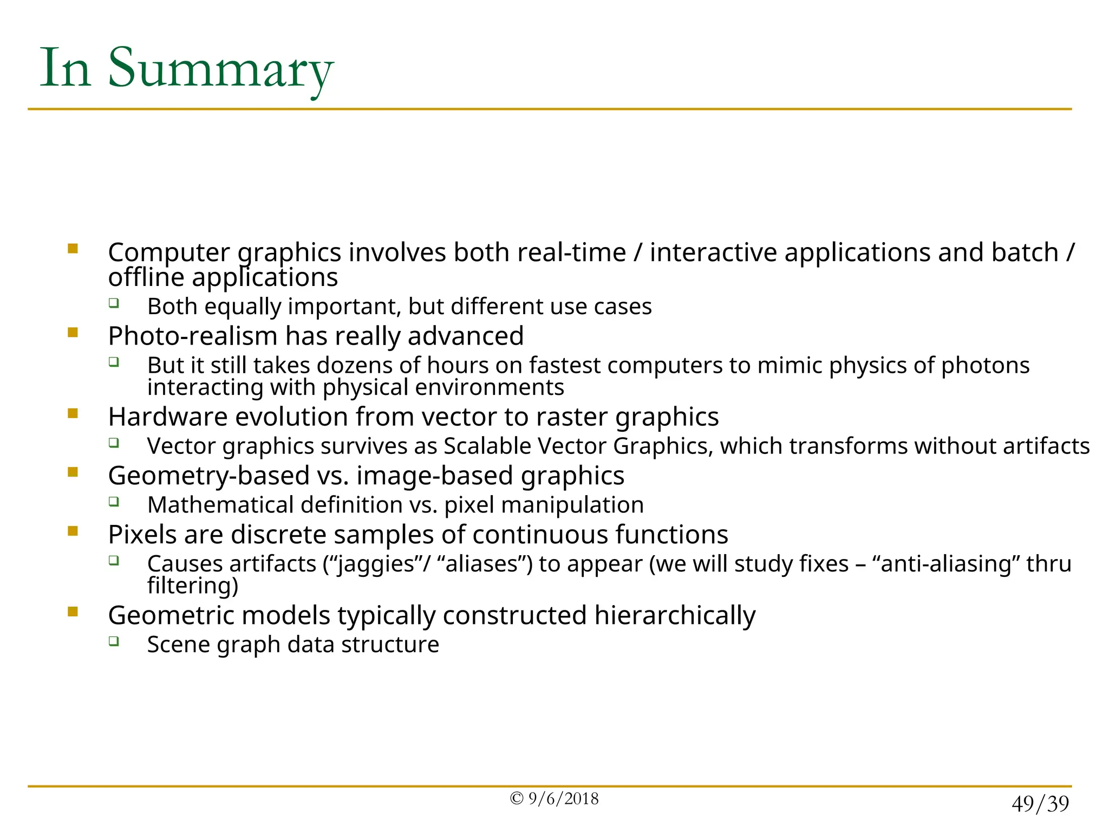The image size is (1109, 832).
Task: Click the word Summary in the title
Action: [x=220, y=69]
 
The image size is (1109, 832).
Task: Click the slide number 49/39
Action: [x=1040, y=804]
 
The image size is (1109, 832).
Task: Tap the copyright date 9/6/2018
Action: [x=563, y=799]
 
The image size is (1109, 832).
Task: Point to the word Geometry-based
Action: [x=208, y=476]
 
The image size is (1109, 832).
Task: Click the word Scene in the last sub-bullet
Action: [x=172, y=645]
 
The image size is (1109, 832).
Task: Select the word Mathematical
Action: [x=220, y=505]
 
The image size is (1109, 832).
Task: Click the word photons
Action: [x=985, y=366]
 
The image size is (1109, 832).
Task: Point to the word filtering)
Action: [x=193, y=586]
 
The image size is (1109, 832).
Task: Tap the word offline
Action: [x=146, y=277]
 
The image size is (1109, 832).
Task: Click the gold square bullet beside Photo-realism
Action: [x=73, y=333]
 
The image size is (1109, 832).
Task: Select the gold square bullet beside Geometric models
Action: [x=73, y=612]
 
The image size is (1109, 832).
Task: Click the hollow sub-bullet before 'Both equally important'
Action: [x=114, y=303]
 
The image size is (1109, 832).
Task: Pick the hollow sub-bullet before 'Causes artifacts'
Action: [x=114, y=560]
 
